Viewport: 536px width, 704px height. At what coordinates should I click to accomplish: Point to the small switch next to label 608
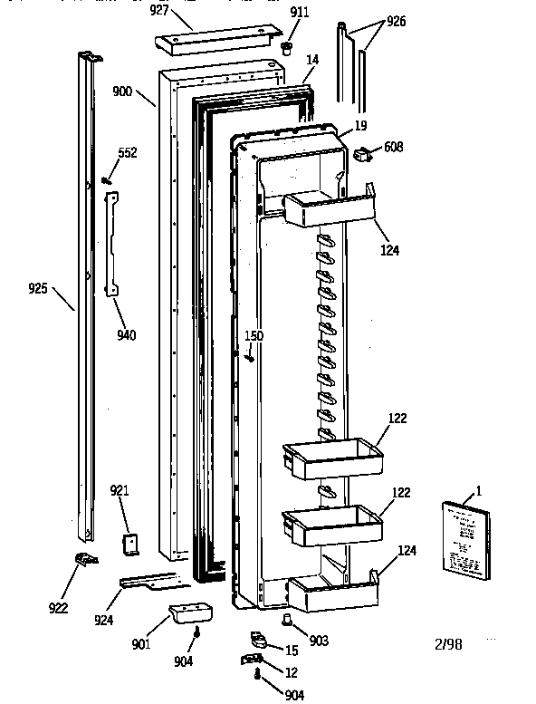click(x=363, y=158)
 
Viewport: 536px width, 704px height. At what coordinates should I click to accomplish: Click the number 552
click(x=128, y=152)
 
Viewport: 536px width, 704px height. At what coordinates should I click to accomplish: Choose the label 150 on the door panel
click(x=254, y=336)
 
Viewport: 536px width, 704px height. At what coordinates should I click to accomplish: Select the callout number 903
click(x=318, y=640)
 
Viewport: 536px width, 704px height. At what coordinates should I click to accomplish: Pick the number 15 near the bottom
click(x=292, y=651)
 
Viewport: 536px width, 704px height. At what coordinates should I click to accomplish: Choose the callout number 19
click(x=360, y=126)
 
